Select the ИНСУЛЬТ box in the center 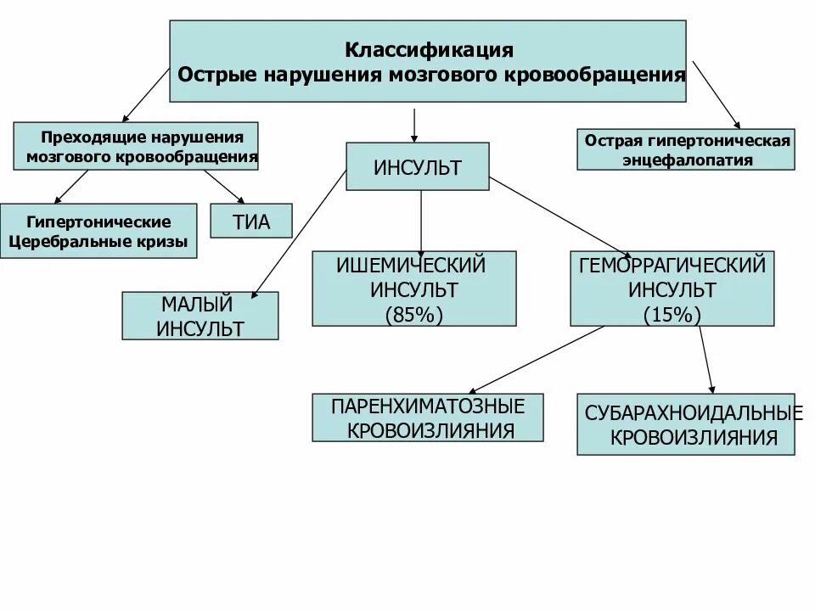pyautogui.click(x=417, y=167)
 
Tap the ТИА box pyautogui.click(x=250, y=222)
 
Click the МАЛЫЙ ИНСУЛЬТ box pyautogui.click(x=200, y=316)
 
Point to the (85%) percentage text pyautogui.click(x=414, y=313)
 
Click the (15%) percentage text pyautogui.click(x=672, y=314)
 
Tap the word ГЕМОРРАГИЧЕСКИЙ pyautogui.click(x=672, y=266)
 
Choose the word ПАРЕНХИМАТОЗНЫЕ pyautogui.click(x=428, y=406)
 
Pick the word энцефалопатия pyautogui.click(x=687, y=160)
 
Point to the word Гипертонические pyautogui.click(x=98, y=221)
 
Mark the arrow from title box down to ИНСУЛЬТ pyautogui.click(x=413, y=124)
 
